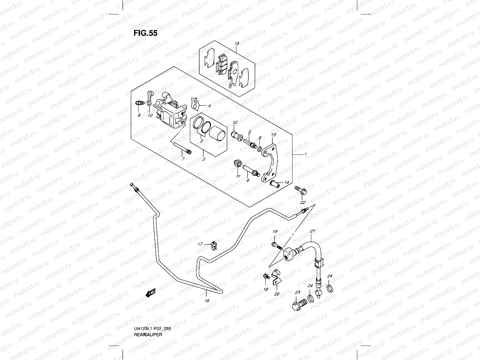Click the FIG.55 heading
coord(145,33)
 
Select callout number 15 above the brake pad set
coord(237,44)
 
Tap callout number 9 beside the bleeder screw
coord(139,115)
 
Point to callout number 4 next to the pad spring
coord(209,106)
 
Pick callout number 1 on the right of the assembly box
coord(305,154)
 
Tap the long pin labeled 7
coord(182,148)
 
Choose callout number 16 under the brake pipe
coord(207,301)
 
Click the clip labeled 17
coord(214,245)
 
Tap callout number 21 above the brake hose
coord(312,231)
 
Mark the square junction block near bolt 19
coord(289,253)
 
